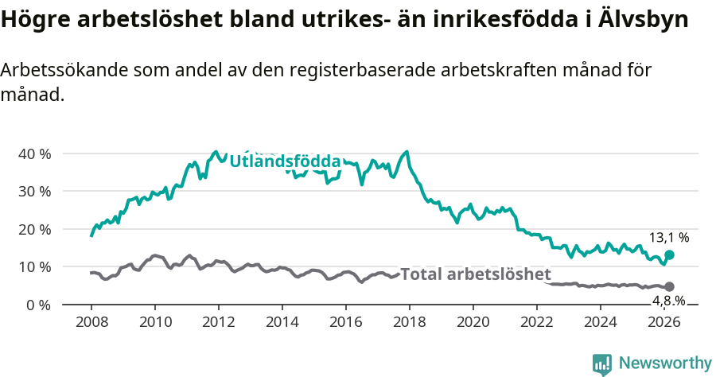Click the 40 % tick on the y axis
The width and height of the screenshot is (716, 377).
[x=34, y=154]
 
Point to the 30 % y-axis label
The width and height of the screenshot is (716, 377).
[x=34, y=192]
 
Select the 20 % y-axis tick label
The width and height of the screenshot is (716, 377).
[x=34, y=229]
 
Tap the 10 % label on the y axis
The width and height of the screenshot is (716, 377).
[x=34, y=267]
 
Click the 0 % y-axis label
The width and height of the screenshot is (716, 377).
[x=38, y=305]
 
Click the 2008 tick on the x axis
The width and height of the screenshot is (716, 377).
[x=91, y=322]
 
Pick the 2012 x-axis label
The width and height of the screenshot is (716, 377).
[x=218, y=322]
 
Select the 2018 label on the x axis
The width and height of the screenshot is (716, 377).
[x=409, y=322]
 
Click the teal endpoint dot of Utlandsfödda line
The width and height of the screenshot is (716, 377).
[x=669, y=255]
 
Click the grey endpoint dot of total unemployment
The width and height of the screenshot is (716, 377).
[x=669, y=286]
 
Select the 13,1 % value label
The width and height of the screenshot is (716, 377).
[x=669, y=237]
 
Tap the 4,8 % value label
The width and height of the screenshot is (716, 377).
[x=669, y=301]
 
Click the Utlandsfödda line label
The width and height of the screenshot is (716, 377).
[x=285, y=161]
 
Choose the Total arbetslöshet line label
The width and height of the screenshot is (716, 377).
[x=475, y=274]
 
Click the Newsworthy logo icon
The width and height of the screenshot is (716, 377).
[x=602, y=363]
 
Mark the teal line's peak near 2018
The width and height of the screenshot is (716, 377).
[x=407, y=151]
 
